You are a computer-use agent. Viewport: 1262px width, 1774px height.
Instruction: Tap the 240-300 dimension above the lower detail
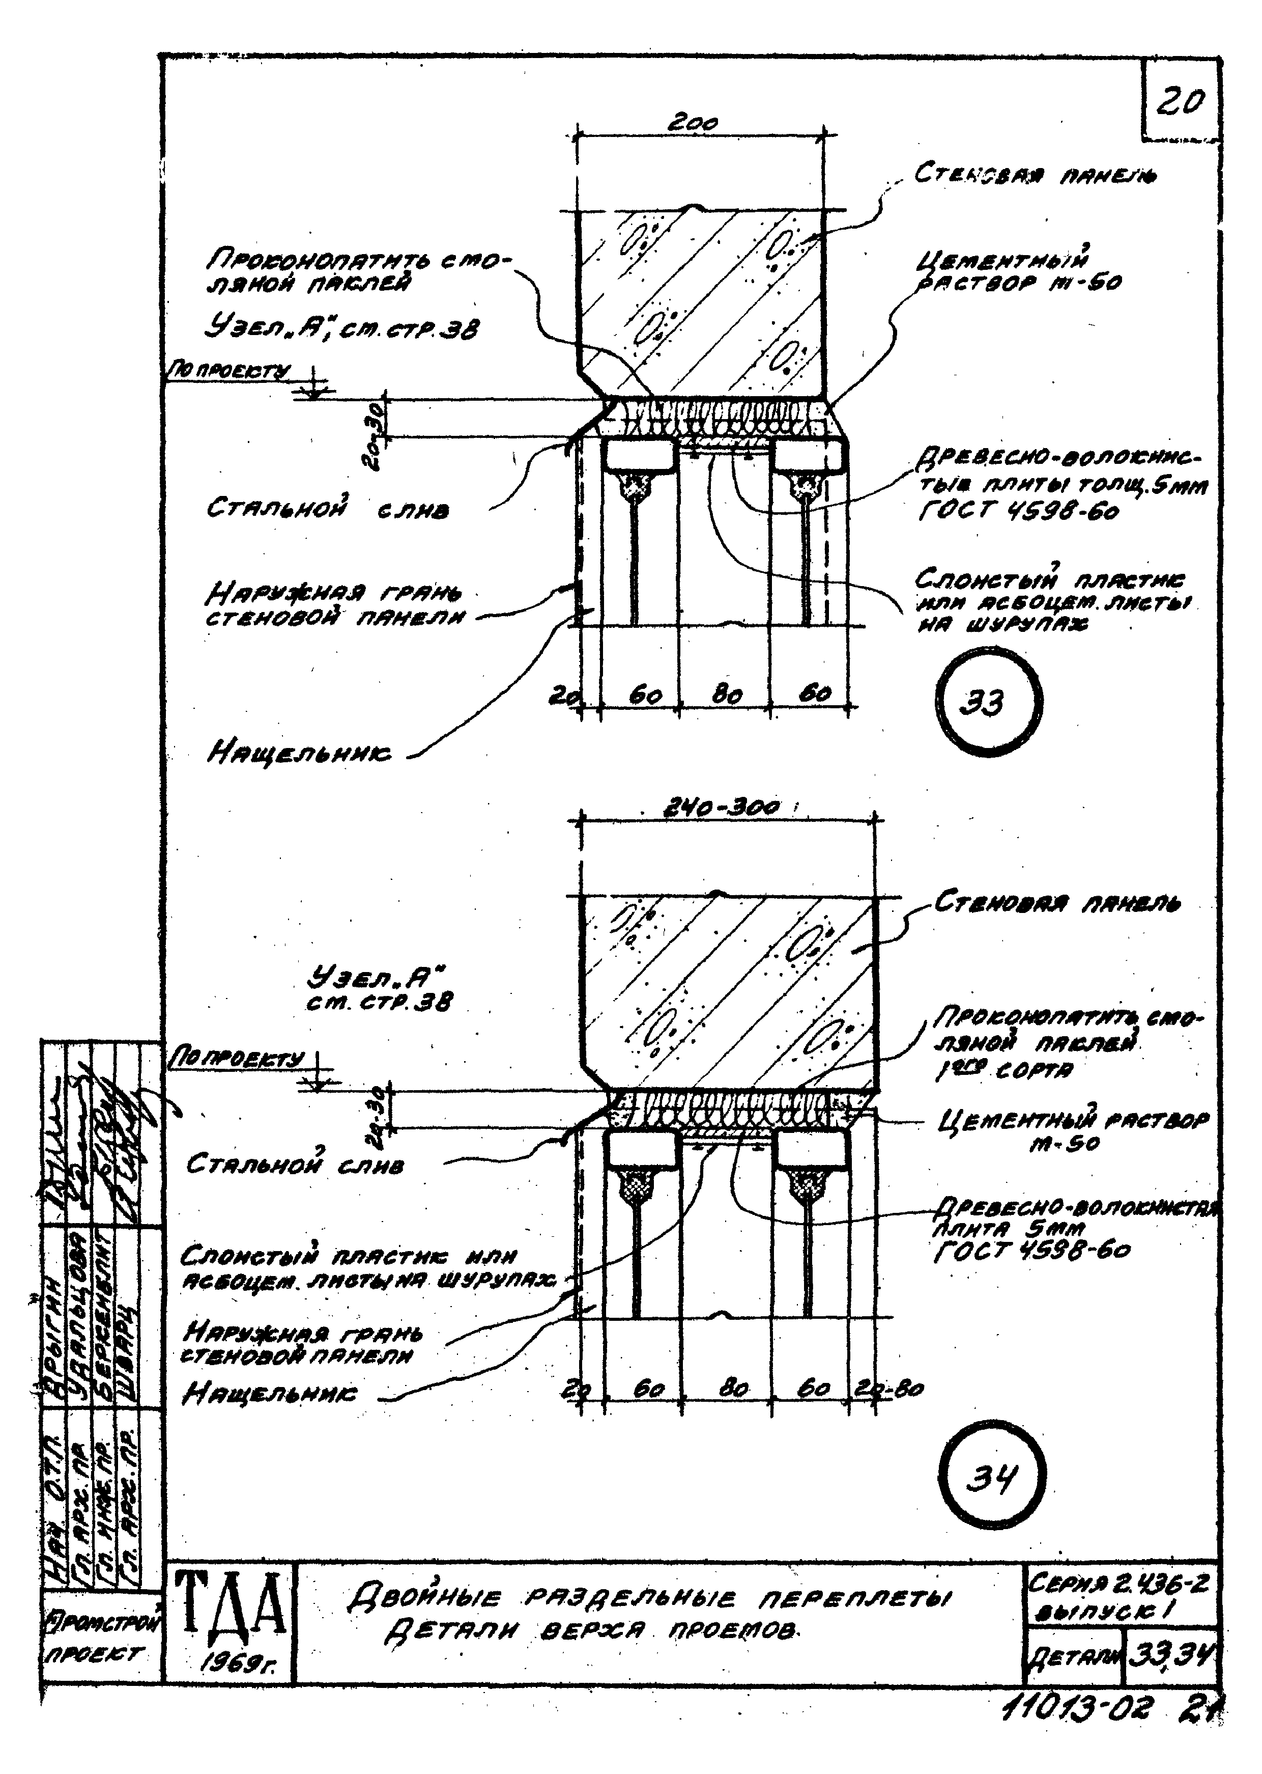[722, 809]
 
